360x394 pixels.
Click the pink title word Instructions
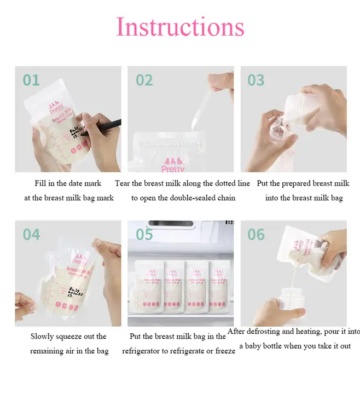coord(180,27)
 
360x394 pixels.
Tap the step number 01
coord(31,80)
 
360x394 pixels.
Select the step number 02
coord(144,80)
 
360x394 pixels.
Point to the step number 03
coord(256,80)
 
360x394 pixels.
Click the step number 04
coord(31,235)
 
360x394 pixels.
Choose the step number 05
coord(144,235)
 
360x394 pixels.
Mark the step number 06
coord(256,235)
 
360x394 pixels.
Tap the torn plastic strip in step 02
coord(205,101)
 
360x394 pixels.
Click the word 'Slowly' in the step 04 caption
coord(43,337)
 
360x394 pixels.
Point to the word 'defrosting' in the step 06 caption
coord(264,332)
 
